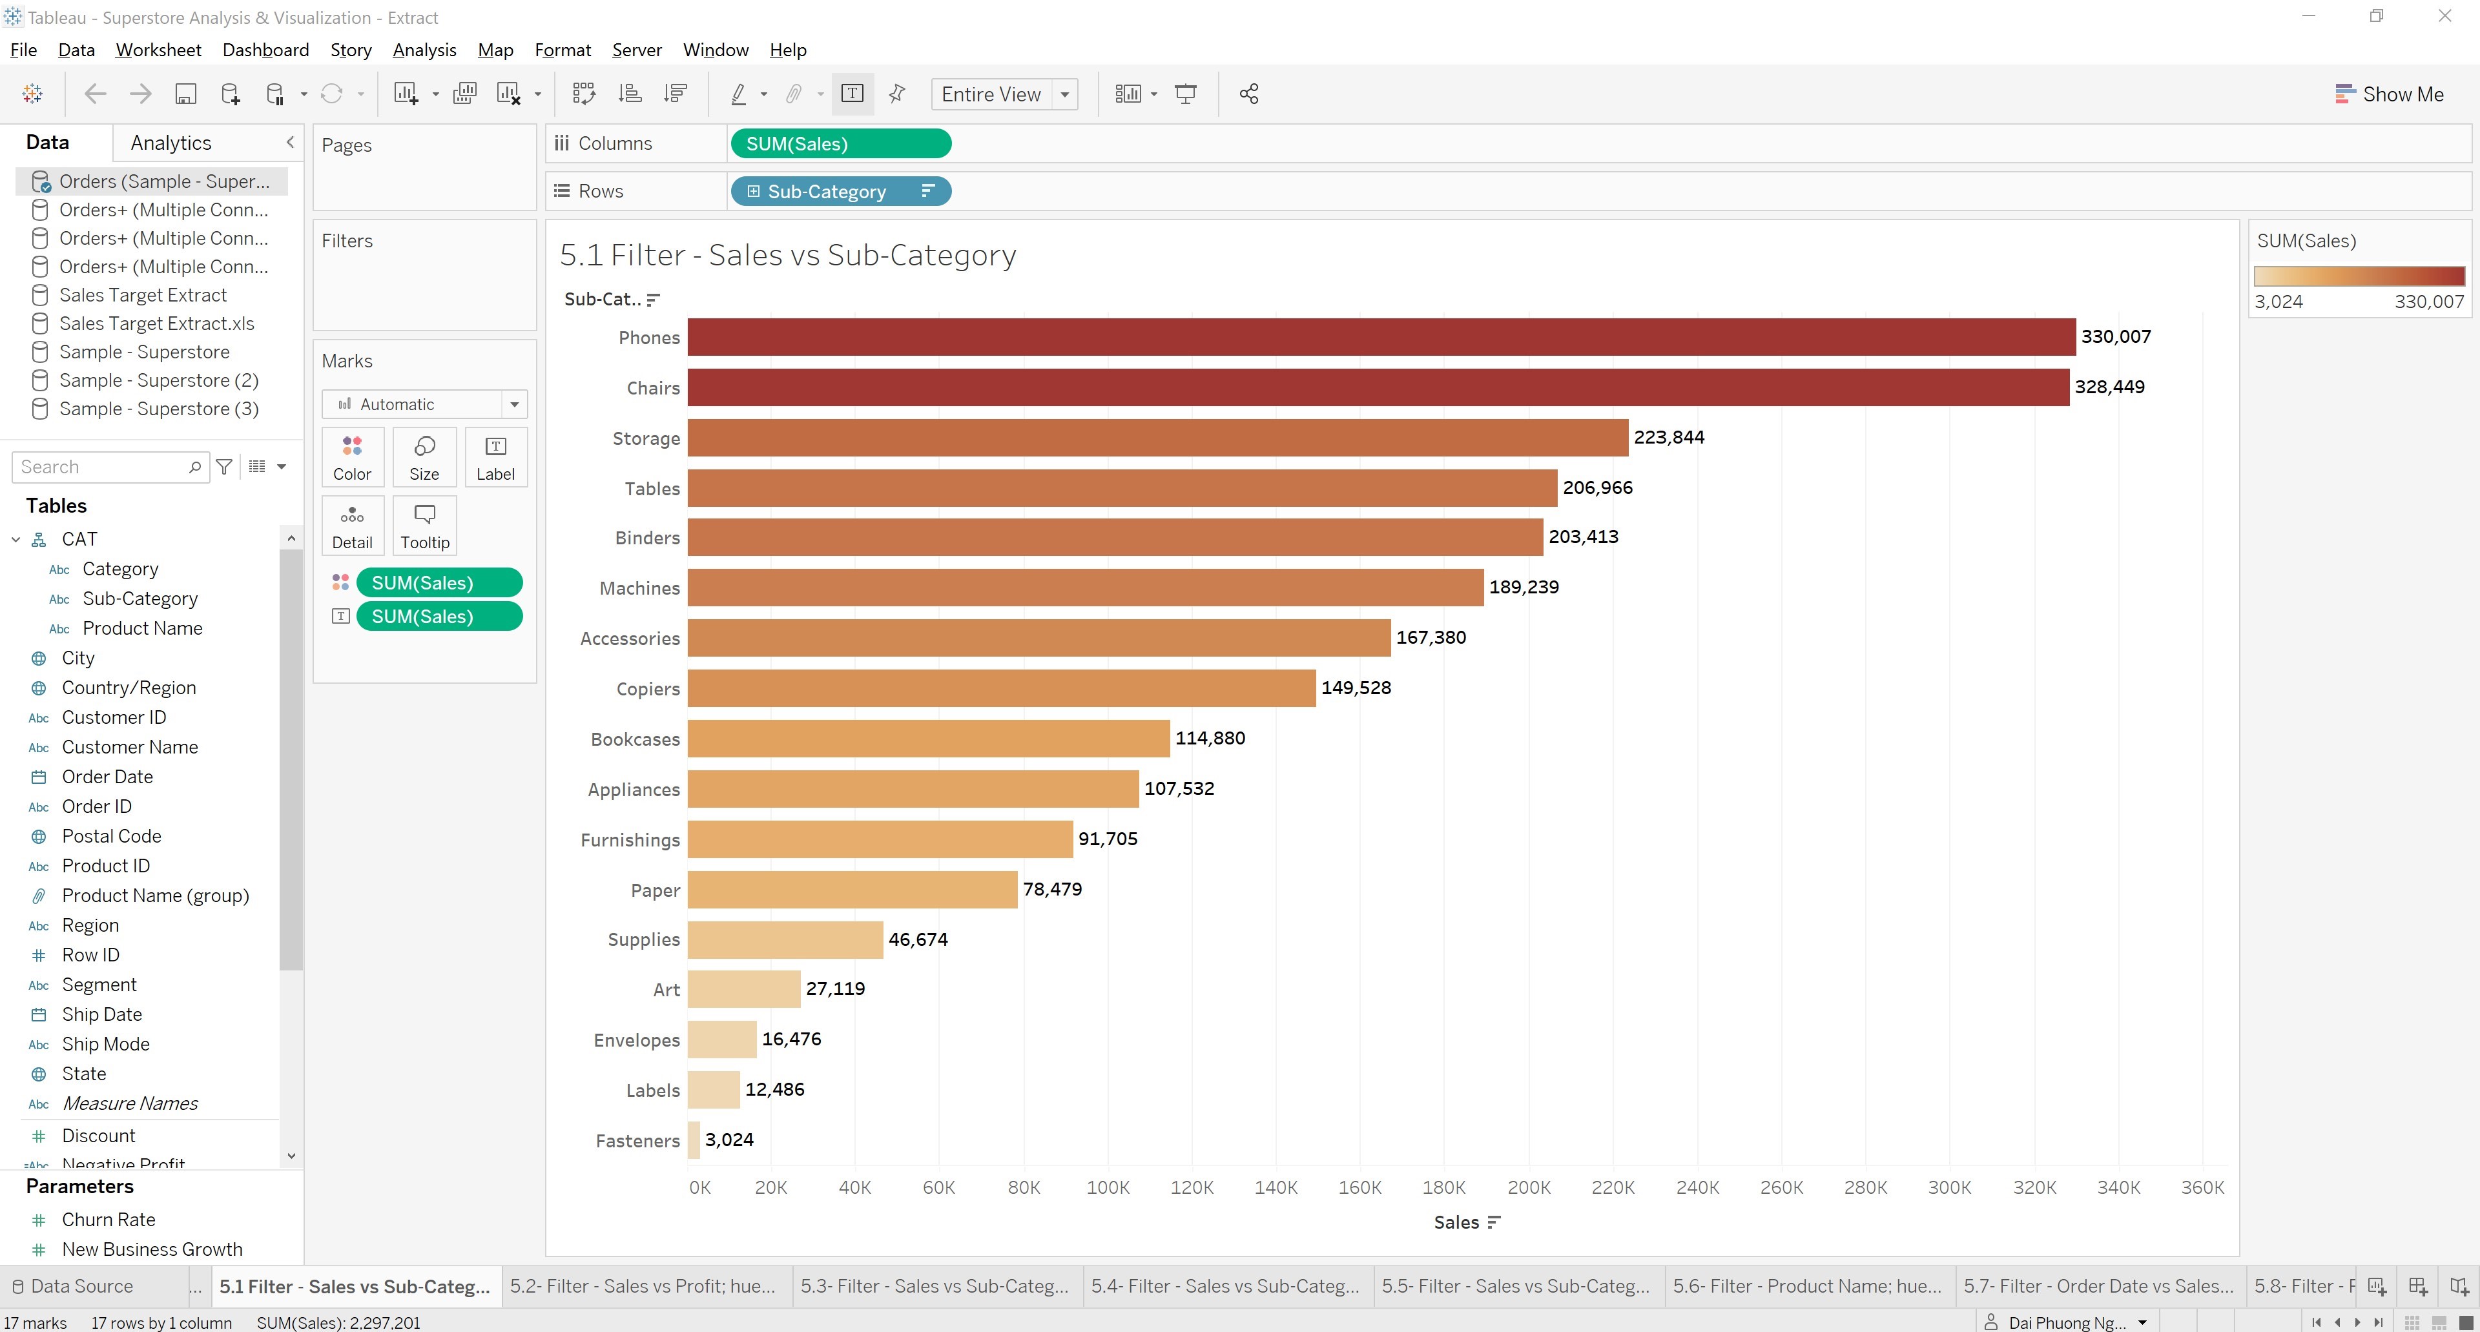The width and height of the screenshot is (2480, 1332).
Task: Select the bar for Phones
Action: (1381, 337)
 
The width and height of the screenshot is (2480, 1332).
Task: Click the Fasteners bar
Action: (693, 1140)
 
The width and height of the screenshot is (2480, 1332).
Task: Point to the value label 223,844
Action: (1668, 437)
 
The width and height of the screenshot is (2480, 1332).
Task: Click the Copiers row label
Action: (648, 689)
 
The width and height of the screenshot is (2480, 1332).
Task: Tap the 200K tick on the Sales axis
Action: (1528, 1187)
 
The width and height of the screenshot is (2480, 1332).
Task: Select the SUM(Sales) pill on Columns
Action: (840, 143)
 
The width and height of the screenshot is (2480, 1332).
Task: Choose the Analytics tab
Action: (170, 143)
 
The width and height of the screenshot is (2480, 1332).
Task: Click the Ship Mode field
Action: (106, 1044)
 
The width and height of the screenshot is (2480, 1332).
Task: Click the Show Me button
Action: (2390, 94)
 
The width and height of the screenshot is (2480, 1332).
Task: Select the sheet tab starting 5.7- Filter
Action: (2098, 1286)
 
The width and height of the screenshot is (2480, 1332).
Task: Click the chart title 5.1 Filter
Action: (787, 255)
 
